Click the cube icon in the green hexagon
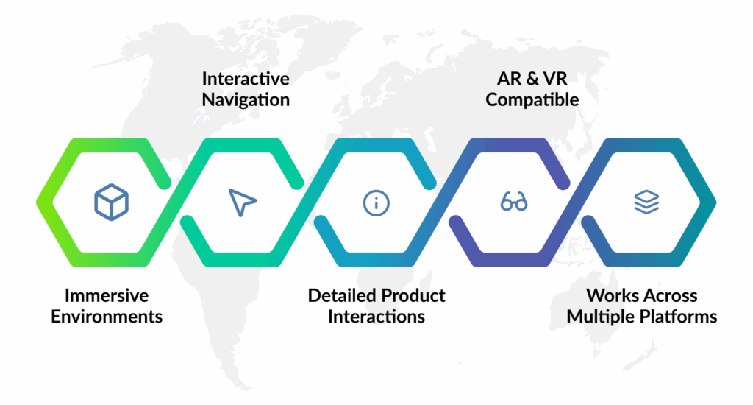point(111,201)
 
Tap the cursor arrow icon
point(242,202)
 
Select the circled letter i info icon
point(376,202)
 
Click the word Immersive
point(107,296)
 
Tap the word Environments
point(107,317)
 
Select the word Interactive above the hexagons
point(246,78)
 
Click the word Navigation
point(246,99)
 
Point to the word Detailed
point(340,296)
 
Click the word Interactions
point(376,317)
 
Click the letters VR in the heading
point(557,78)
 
